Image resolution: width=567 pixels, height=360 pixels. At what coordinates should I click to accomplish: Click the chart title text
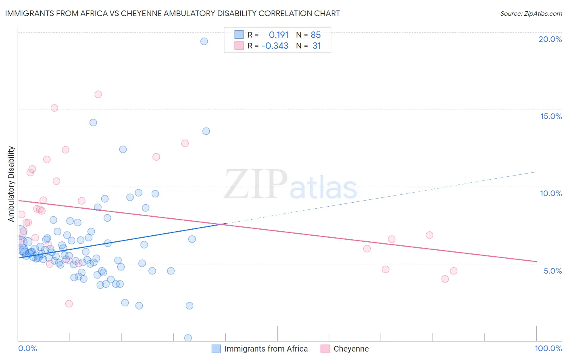(x=172, y=13)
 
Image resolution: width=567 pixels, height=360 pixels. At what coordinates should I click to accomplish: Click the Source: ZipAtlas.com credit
(x=531, y=13)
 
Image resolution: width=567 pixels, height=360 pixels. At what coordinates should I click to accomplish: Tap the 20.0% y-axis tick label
(x=550, y=39)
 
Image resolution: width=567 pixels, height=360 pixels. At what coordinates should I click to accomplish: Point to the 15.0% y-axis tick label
(x=551, y=116)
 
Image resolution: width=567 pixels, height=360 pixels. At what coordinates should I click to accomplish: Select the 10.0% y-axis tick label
(x=551, y=193)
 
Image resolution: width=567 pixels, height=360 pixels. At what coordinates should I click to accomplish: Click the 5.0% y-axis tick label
(x=552, y=271)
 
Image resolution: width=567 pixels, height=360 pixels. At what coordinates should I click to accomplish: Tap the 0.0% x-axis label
(x=27, y=348)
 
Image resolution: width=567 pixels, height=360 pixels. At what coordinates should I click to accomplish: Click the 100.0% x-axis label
(x=548, y=348)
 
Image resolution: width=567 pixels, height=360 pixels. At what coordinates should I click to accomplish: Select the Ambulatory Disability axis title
(x=11, y=184)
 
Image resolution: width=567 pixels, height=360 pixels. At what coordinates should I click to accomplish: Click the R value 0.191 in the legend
(x=279, y=35)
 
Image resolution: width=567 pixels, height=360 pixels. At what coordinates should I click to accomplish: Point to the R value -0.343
(x=275, y=46)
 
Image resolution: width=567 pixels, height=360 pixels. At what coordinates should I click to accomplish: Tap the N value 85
(x=316, y=35)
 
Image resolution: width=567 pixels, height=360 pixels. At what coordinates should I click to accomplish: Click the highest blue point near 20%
(x=204, y=41)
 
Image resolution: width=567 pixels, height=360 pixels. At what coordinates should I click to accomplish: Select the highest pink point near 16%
(x=98, y=94)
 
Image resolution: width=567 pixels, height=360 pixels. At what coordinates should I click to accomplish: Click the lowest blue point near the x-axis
(x=188, y=338)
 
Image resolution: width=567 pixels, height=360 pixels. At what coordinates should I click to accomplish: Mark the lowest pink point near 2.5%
(x=69, y=303)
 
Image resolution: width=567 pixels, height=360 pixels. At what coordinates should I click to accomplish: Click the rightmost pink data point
(x=454, y=271)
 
